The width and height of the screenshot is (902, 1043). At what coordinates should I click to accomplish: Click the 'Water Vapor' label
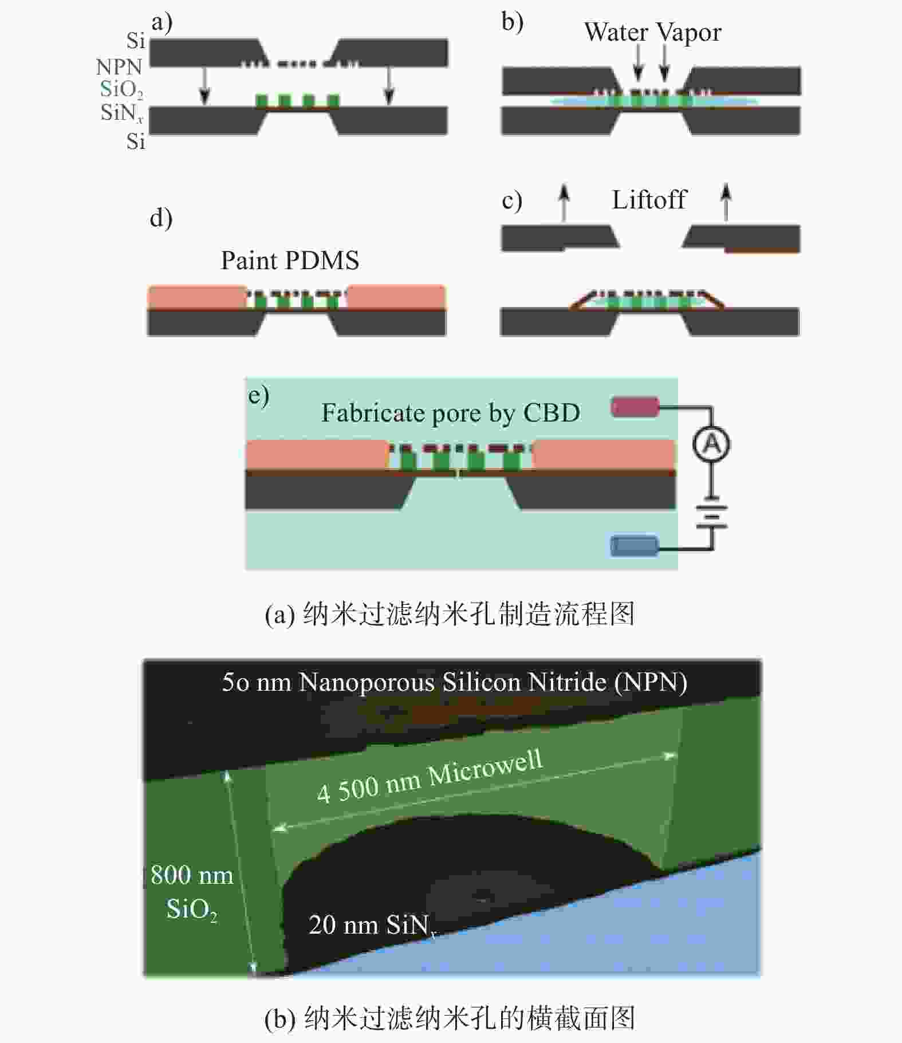point(652,33)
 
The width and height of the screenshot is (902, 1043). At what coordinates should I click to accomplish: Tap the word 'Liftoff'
point(649,200)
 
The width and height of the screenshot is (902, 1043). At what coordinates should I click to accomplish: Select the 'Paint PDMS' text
point(290,261)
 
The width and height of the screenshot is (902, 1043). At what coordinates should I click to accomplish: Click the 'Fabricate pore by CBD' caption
point(451,413)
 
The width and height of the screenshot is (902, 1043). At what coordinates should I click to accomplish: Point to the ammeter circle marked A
point(711,444)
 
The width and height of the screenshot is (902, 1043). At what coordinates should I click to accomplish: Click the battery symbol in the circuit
point(712,515)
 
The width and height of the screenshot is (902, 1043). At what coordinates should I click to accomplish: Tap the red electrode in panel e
point(635,407)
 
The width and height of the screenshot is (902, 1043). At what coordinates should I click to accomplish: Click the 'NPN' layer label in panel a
point(119,67)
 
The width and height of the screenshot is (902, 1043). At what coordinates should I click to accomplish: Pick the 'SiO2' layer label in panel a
point(121,89)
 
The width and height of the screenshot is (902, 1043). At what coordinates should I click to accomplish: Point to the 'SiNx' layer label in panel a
point(121,113)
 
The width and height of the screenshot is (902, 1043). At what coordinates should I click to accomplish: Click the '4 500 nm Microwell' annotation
point(430,777)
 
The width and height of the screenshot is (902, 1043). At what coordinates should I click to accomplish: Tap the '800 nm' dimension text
point(192,875)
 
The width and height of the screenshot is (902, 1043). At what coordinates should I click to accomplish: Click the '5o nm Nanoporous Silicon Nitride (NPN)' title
point(454,682)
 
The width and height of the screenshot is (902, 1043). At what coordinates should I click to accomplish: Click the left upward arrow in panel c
point(565,202)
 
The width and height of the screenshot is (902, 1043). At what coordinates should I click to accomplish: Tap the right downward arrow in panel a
point(389,86)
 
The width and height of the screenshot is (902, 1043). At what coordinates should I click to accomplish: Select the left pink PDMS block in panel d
point(198,297)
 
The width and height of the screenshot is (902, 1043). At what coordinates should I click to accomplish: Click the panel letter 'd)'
point(161,218)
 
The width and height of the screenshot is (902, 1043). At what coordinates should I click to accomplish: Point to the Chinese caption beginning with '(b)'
point(450,1018)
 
